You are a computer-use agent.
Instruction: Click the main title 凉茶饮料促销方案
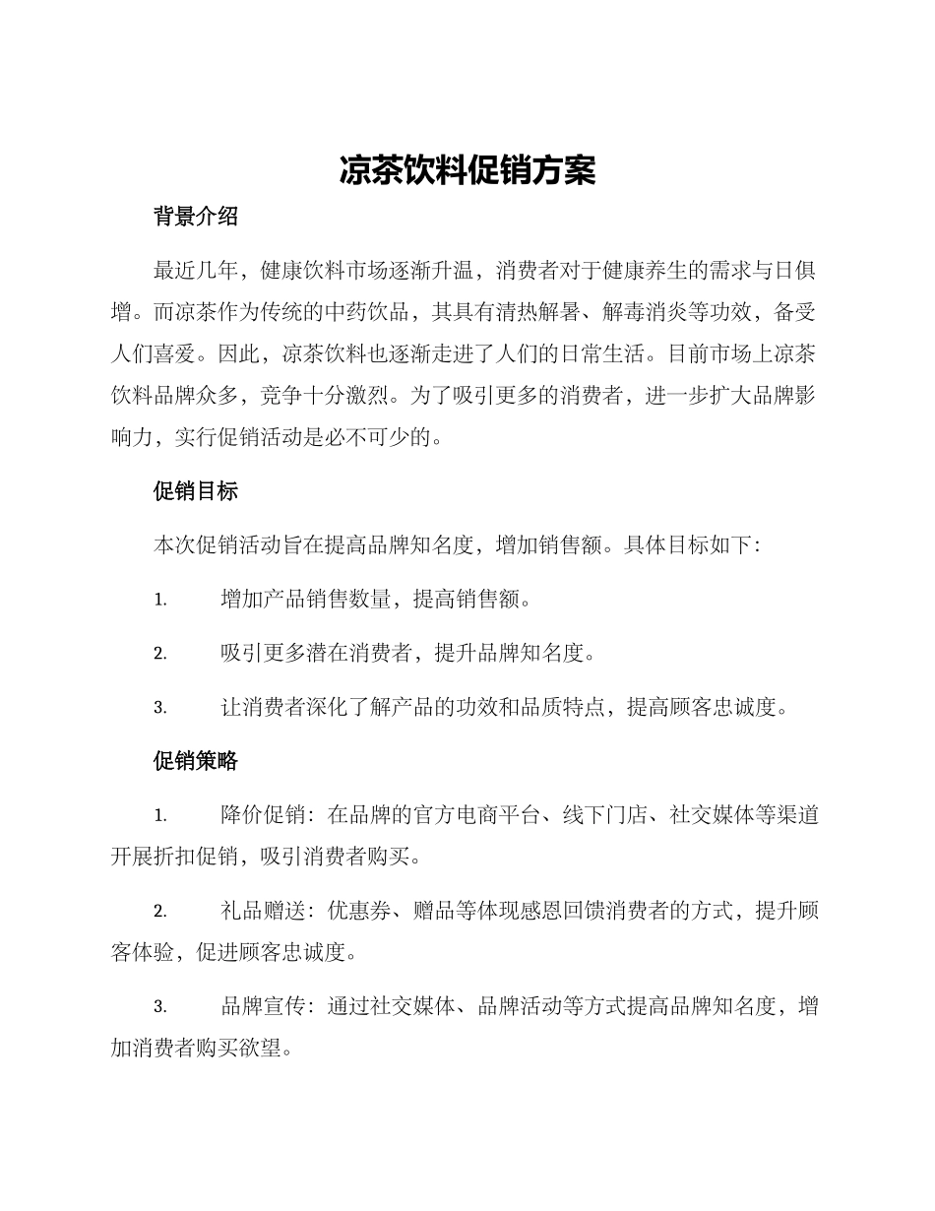click(x=467, y=169)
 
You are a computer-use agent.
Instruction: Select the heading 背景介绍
click(x=196, y=218)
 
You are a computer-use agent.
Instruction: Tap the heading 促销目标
click(x=196, y=491)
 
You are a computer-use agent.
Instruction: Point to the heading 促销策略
click(x=196, y=761)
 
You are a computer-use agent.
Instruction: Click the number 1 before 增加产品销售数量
click(x=159, y=600)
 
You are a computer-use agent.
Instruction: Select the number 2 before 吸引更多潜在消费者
click(x=159, y=654)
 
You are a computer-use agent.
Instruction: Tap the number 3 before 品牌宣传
click(x=159, y=1007)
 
